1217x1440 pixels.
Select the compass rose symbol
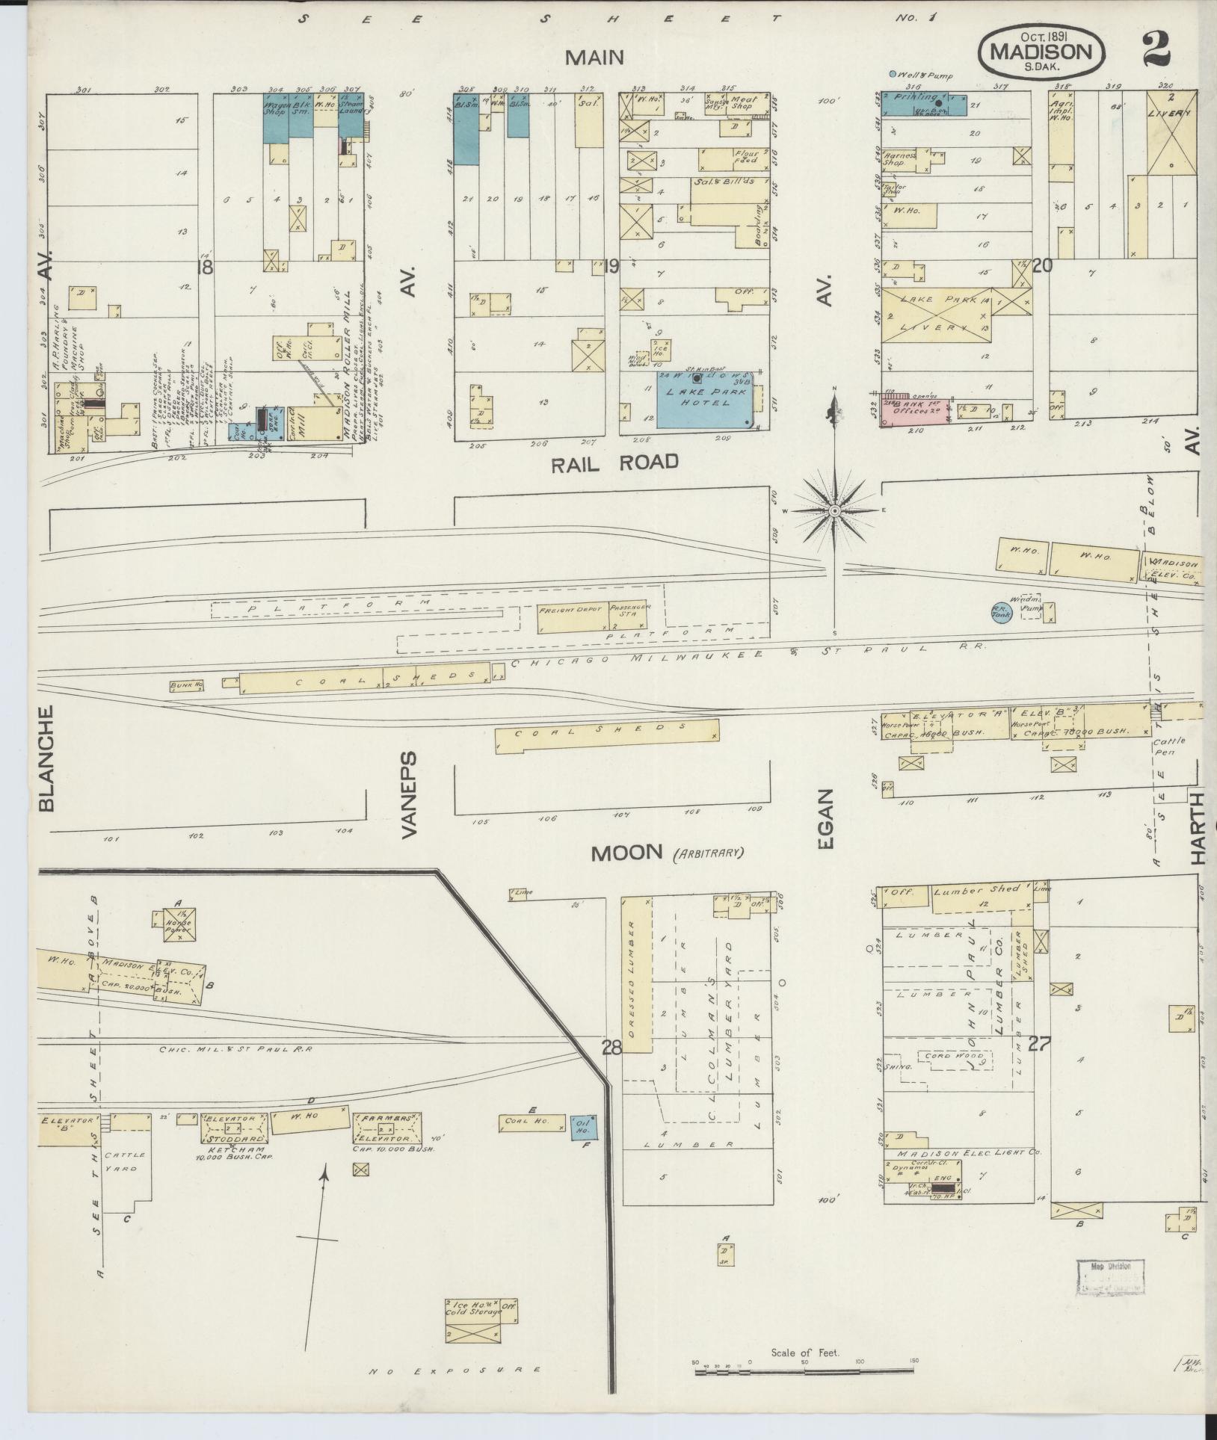[x=834, y=510]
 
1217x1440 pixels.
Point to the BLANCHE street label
[x=46, y=758]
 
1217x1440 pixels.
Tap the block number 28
[x=611, y=1048]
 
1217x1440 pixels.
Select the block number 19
[x=611, y=266]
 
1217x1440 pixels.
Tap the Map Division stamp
[x=1109, y=1280]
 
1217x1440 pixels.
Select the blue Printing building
[x=923, y=103]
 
